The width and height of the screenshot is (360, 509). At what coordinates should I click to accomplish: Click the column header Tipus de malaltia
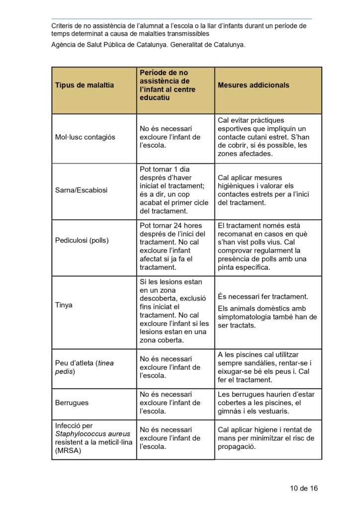pos(84,85)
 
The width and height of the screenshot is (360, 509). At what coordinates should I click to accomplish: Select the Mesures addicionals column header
pos(253,85)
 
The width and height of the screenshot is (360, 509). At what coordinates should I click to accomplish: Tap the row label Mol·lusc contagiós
pos(85,137)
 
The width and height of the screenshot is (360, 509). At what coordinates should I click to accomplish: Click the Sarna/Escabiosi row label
pos(81,190)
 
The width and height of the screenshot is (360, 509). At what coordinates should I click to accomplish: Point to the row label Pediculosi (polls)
pos(82,241)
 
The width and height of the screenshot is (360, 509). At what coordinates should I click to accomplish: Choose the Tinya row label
pos(64,305)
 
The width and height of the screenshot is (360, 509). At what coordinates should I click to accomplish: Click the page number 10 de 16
pos(304,488)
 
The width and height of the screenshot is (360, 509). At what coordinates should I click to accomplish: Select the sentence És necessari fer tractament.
pos(263,296)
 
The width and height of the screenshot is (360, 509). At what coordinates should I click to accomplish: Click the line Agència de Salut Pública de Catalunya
pos(148,45)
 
